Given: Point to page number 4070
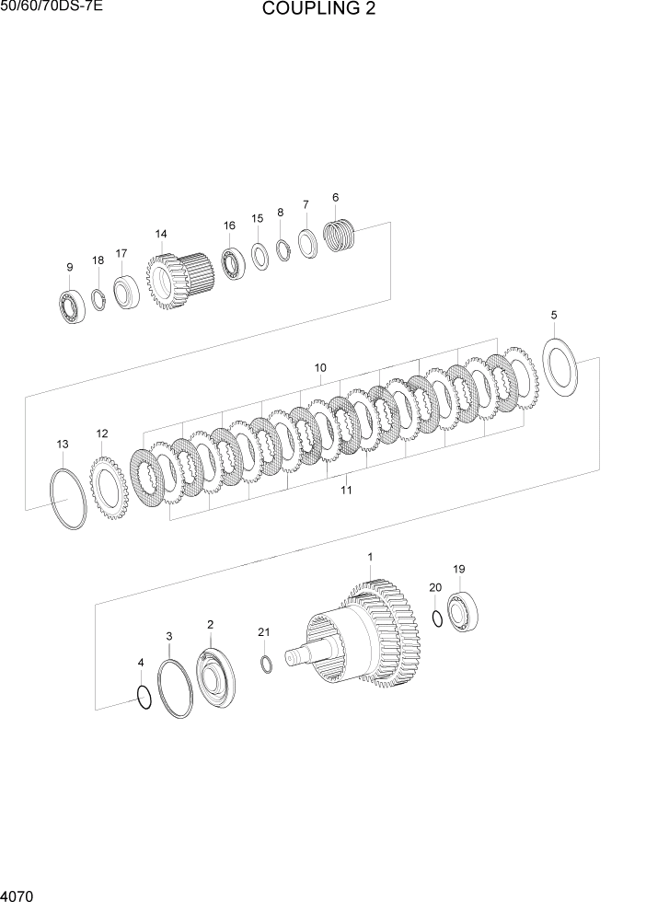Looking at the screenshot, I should click(x=18, y=894).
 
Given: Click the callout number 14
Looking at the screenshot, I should click(x=161, y=234).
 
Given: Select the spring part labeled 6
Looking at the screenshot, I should click(x=340, y=236).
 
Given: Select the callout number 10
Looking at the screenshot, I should click(x=320, y=368).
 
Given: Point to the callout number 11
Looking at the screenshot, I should click(x=346, y=490).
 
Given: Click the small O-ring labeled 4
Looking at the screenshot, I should click(x=144, y=698).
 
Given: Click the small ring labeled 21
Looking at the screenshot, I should click(x=266, y=665).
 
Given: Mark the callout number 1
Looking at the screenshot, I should click(x=370, y=557).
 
